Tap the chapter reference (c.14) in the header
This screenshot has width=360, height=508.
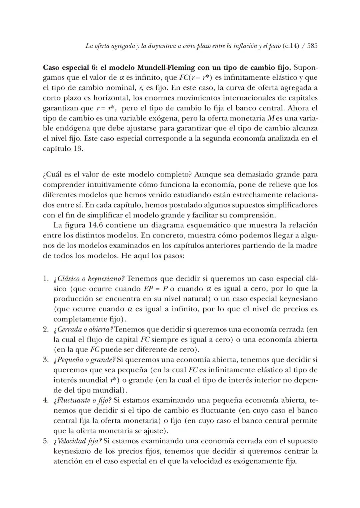point(291,46)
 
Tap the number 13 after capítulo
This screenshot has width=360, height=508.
point(77,149)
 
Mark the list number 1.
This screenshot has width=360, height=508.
point(46,279)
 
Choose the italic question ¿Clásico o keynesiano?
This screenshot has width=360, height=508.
point(89,279)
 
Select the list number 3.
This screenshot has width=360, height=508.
point(46,360)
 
